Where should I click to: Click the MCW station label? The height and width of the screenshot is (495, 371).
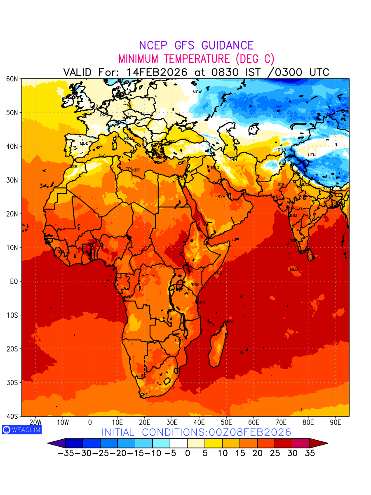pyautogui.click(x=197, y=92)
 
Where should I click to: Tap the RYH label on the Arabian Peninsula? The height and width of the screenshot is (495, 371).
pyautogui.click(x=221, y=197)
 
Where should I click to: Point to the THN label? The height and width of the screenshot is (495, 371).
pyautogui.click(x=233, y=159)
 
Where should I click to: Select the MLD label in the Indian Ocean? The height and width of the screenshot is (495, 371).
pyautogui.click(x=294, y=269)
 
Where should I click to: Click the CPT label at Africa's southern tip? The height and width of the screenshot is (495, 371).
pyautogui.click(x=144, y=395)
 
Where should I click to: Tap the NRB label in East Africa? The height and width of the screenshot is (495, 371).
pyautogui.click(x=195, y=285)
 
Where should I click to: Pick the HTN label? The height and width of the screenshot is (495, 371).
pyautogui.click(x=312, y=155)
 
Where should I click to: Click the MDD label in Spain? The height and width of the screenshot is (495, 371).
pyautogui.click(x=84, y=144)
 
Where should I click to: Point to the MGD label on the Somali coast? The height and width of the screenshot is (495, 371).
pyautogui.click(x=218, y=273)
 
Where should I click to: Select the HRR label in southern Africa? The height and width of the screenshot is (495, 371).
pyautogui.click(x=178, y=340)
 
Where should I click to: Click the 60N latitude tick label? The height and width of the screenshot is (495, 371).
pyautogui.click(x=12, y=79)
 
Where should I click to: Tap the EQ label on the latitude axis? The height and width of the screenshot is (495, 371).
pyautogui.click(x=14, y=281)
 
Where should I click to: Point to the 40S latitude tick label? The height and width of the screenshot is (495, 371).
pyautogui.click(x=12, y=416)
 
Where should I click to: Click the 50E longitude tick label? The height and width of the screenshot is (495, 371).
pyautogui.click(x=226, y=422)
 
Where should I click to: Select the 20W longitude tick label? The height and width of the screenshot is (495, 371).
pyautogui.click(x=35, y=422)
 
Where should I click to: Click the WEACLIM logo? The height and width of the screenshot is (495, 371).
pyautogui.click(x=21, y=429)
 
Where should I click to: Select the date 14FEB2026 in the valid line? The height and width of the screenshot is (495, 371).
pyautogui.click(x=157, y=72)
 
